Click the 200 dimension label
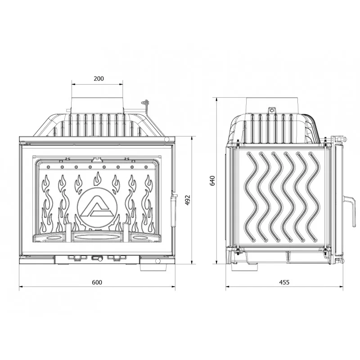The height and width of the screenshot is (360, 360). click(99, 78)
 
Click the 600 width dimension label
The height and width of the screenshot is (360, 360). click(97, 282)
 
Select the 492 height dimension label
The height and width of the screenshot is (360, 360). click(188, 200)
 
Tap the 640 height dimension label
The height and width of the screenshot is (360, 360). click(212, 180)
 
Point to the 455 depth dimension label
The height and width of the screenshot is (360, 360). click(284, 282)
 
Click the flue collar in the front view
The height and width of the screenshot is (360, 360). click(97, 106)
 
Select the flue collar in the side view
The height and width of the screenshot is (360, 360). click(273, 106)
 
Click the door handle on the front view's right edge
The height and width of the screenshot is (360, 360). click(173, 211)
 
